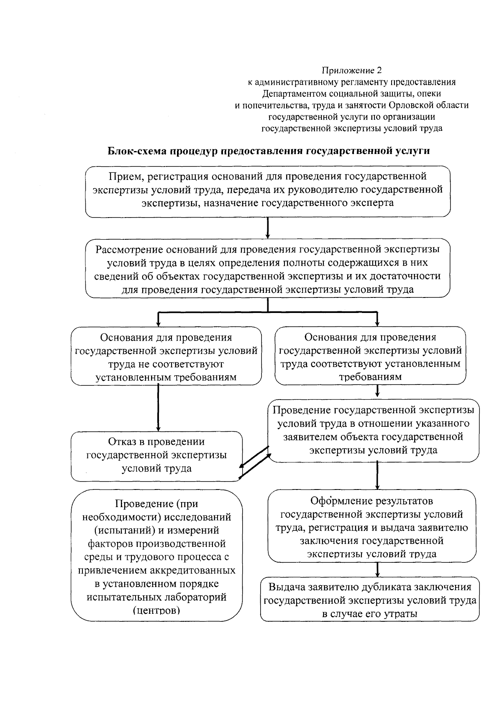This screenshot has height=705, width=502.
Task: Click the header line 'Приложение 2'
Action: coord(351,70)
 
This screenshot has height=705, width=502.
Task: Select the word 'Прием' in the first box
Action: coord(123,177)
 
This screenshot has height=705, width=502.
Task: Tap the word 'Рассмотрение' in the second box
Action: coord(129,250)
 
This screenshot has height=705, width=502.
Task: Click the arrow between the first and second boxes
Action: coord(268,228)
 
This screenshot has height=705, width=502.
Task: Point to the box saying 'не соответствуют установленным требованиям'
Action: coord(166,357)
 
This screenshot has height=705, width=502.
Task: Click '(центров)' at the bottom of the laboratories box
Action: coord(156,610)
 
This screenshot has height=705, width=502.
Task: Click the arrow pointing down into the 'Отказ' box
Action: coord(158,408)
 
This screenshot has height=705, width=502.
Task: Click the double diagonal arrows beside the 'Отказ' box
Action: coord(254,462)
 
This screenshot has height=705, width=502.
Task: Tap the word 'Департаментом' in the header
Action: coord(294,93)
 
